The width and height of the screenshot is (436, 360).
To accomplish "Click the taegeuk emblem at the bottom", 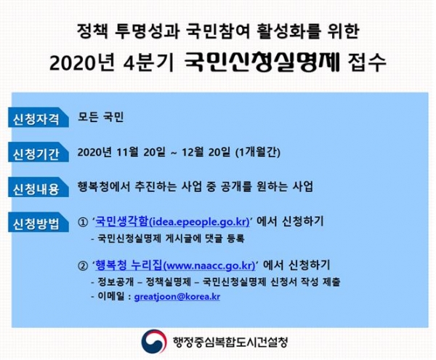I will pyautogui.click(x=155, y=340).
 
